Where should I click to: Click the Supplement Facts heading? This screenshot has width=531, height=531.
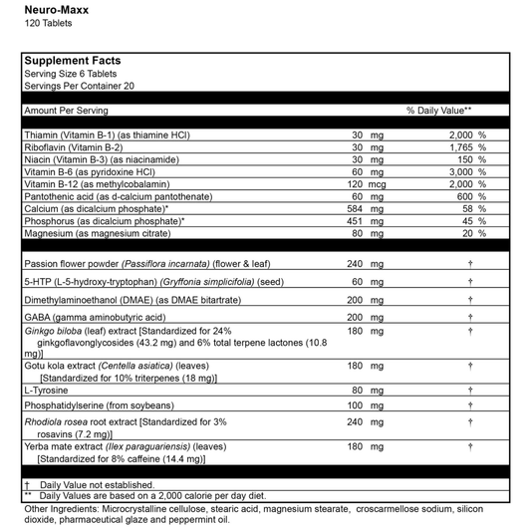(72, 61)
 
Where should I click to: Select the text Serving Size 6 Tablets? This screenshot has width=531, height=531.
(72, 74)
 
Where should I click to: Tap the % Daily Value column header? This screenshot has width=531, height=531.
(438, 111)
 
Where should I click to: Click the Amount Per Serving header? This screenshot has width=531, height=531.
(66, 111)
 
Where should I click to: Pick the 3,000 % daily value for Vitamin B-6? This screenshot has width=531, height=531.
(466, 171)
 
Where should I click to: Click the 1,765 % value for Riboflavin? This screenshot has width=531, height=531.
(466, 146)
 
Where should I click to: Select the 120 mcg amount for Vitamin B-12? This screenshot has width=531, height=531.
(366, 184)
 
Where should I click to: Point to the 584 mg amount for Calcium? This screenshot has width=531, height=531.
(366, 209)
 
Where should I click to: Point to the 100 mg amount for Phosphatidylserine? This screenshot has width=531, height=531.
(366, 406)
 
